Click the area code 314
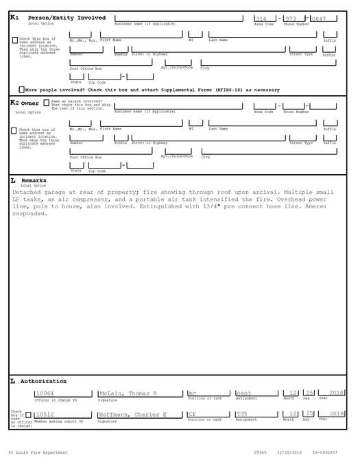[x=261, y=19]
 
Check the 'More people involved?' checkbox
[x=21, y=90]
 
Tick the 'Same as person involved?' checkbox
[x=46, y=103]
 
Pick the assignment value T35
[x=241, y=415]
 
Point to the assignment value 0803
[x=243, y=394]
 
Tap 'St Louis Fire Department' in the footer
[x=38, y=453]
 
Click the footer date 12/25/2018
[x=289, y=453]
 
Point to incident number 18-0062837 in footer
[x=325, y=453]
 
